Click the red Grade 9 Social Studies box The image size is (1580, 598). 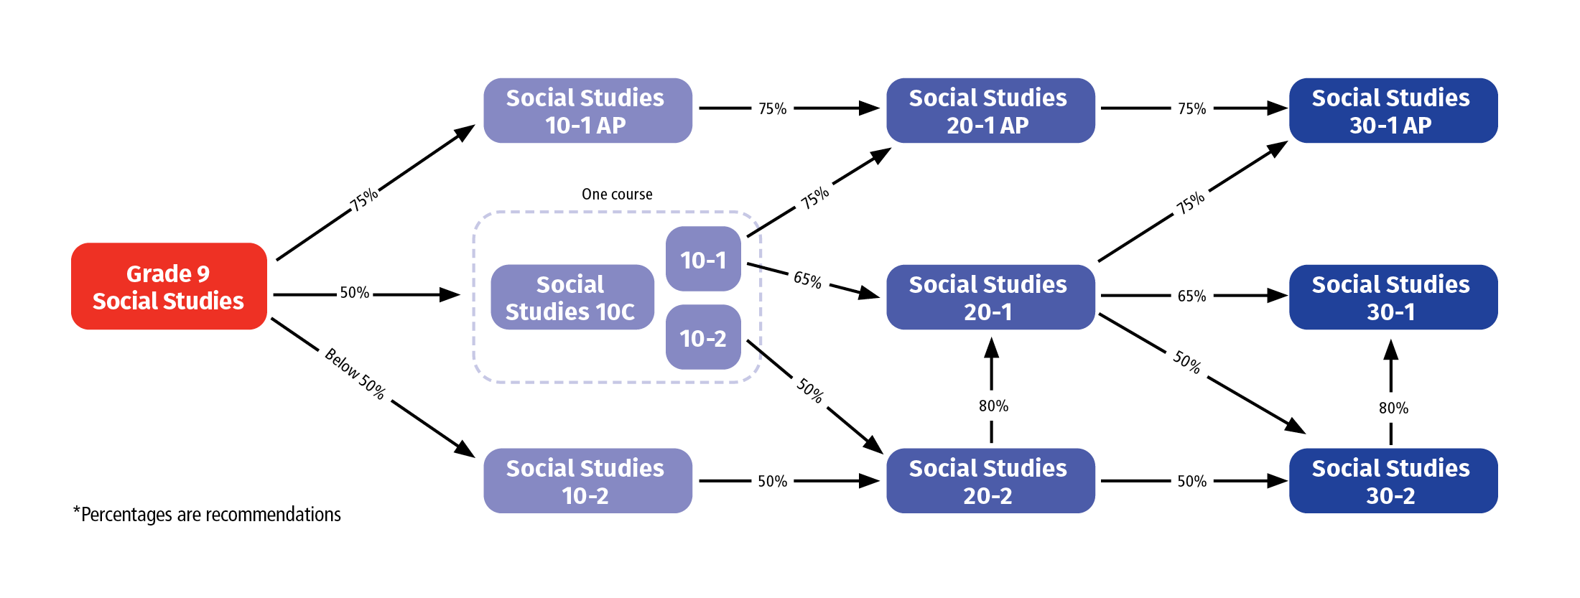coord(169,286)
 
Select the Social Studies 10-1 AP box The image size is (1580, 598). coord(587,111)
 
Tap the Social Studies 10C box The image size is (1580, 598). coord(572,297)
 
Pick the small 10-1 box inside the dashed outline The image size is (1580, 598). coord(703,259)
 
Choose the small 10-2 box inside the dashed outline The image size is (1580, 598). coord(703,337)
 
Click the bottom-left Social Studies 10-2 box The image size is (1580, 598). coord(587,481)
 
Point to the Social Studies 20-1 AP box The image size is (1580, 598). coord(990,111)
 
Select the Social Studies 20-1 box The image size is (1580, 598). coord(990,297)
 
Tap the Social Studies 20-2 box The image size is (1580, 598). coord(990,481)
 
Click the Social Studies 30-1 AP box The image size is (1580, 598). coord(1393,111)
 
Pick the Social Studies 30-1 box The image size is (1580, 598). coord(1393,297)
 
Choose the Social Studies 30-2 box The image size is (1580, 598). coord(1393,481)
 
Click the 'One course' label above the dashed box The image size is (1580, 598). coord(617,195)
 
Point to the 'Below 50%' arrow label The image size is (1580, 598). coord(355,374)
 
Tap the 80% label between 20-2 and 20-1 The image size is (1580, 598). coord(993,406)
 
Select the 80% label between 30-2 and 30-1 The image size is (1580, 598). coord(1393,408)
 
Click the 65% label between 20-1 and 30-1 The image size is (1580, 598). coord(1191,296)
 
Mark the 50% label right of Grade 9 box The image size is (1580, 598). coord(354,293)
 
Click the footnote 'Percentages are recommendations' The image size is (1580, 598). coord(208,515)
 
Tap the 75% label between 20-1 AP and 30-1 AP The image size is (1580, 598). coord(1191,109)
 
